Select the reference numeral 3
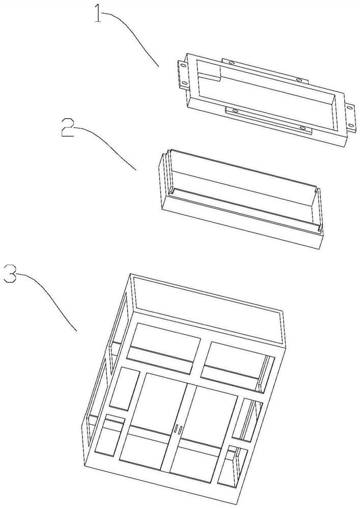(10, 274)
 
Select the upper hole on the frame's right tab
(351, 108)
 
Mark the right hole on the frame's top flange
(299, 80)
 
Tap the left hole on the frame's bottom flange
(235, 111)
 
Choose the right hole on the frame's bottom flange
(303, 129)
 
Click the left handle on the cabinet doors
(176, 428)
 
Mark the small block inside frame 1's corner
(209, 71)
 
